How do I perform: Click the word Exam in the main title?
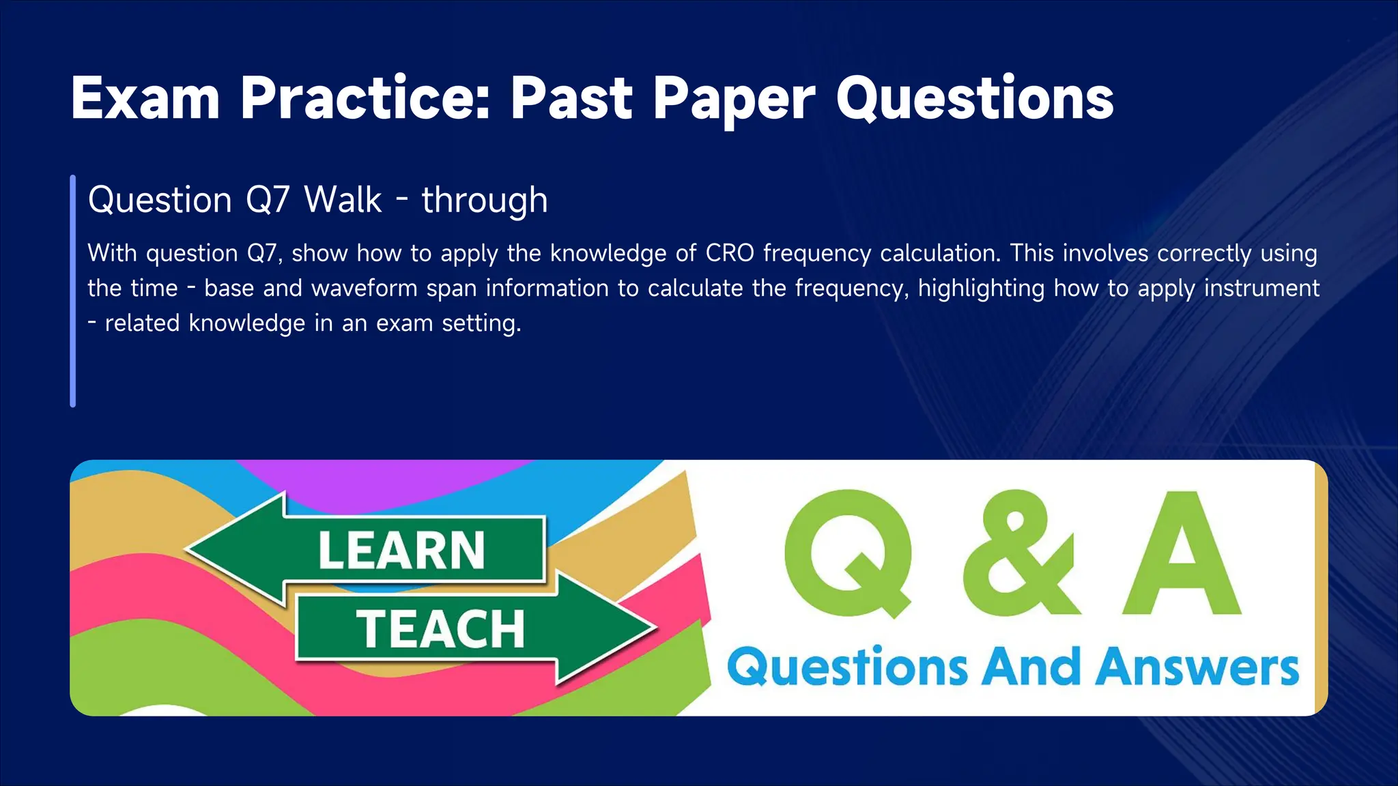tap(145, 99)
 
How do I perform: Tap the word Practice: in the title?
tap(365, 99)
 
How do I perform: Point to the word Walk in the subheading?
tap(343, 200)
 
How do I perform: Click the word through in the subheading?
tap(485, 201)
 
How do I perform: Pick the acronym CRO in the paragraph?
tap(730, 253)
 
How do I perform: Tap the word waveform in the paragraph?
tap(365, 289)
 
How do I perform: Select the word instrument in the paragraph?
tap(1261, 288)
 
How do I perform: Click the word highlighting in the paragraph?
tap(981, 289)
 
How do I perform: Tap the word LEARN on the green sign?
tap(401, 550)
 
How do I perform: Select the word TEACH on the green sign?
tap(440, 629)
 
